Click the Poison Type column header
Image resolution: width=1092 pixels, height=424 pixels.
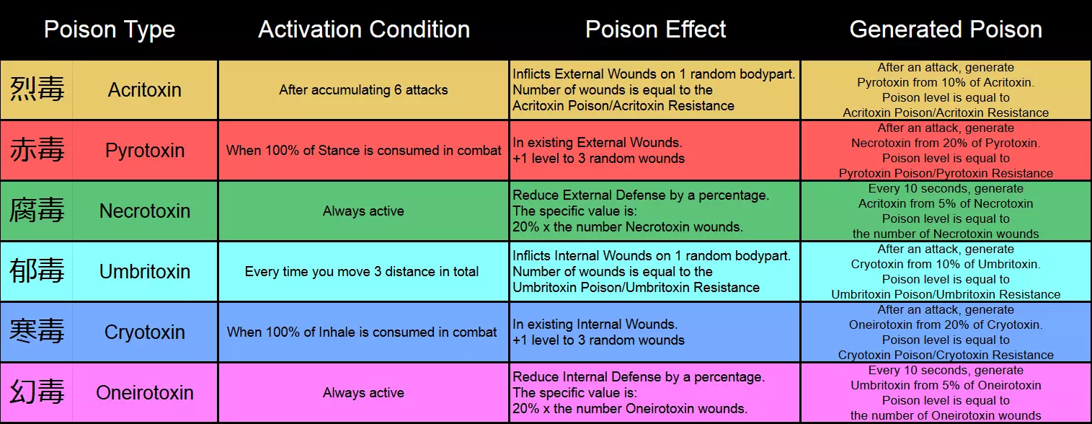110,30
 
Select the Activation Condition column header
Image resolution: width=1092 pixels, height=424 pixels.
364,30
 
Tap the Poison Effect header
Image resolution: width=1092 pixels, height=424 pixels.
655,30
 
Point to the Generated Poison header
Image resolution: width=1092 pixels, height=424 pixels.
945,30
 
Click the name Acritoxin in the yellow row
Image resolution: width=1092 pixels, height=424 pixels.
144,90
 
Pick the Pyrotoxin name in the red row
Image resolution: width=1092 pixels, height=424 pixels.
145,150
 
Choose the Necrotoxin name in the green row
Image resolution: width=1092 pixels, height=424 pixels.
144,211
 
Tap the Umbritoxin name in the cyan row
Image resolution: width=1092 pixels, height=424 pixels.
144,271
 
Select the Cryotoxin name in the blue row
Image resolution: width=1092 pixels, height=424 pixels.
144,332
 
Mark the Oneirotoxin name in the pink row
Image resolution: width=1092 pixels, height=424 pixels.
144,392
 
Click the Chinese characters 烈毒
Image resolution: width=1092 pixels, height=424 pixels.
37,89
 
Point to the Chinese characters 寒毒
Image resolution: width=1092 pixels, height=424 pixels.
37,331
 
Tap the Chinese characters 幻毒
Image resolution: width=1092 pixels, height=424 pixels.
37,392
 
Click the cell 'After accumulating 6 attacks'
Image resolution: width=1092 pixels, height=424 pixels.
363,90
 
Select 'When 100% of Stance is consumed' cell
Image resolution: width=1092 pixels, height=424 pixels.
363,150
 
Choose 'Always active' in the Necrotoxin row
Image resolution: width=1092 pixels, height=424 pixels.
363,211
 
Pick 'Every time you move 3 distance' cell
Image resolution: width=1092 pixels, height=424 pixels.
361,271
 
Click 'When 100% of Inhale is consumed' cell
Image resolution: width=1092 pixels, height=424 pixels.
361,332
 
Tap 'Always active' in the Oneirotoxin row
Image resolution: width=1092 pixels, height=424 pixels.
363,392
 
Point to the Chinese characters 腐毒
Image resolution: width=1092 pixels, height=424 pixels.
37,211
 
